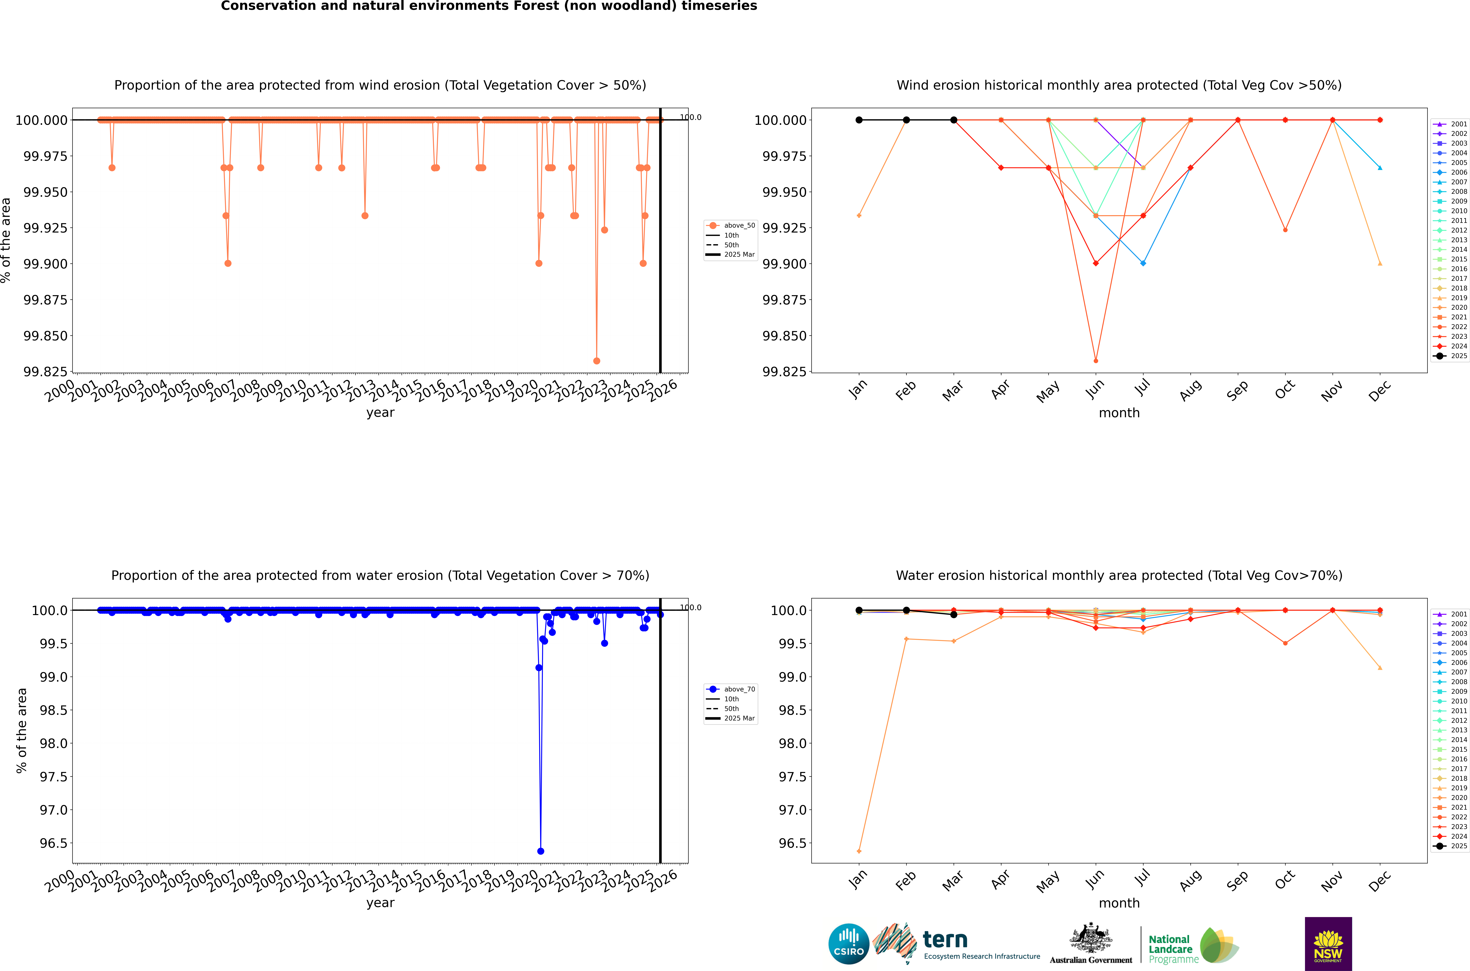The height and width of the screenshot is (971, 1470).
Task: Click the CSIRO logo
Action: click(849, 944)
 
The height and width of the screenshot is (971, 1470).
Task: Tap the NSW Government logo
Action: click(1328, 944)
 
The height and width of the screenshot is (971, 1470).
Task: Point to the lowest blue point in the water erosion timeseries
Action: click(541, 851)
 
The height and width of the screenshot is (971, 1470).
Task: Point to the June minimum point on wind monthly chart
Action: click(1096, 360)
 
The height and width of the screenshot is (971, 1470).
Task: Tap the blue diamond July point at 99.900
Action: click(1143, 263)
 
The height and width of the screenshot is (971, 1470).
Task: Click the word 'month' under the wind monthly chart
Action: click(1119, 413)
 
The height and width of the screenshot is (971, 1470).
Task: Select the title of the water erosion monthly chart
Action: click(1119, 575)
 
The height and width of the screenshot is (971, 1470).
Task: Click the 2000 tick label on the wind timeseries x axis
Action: click(60, 391)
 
